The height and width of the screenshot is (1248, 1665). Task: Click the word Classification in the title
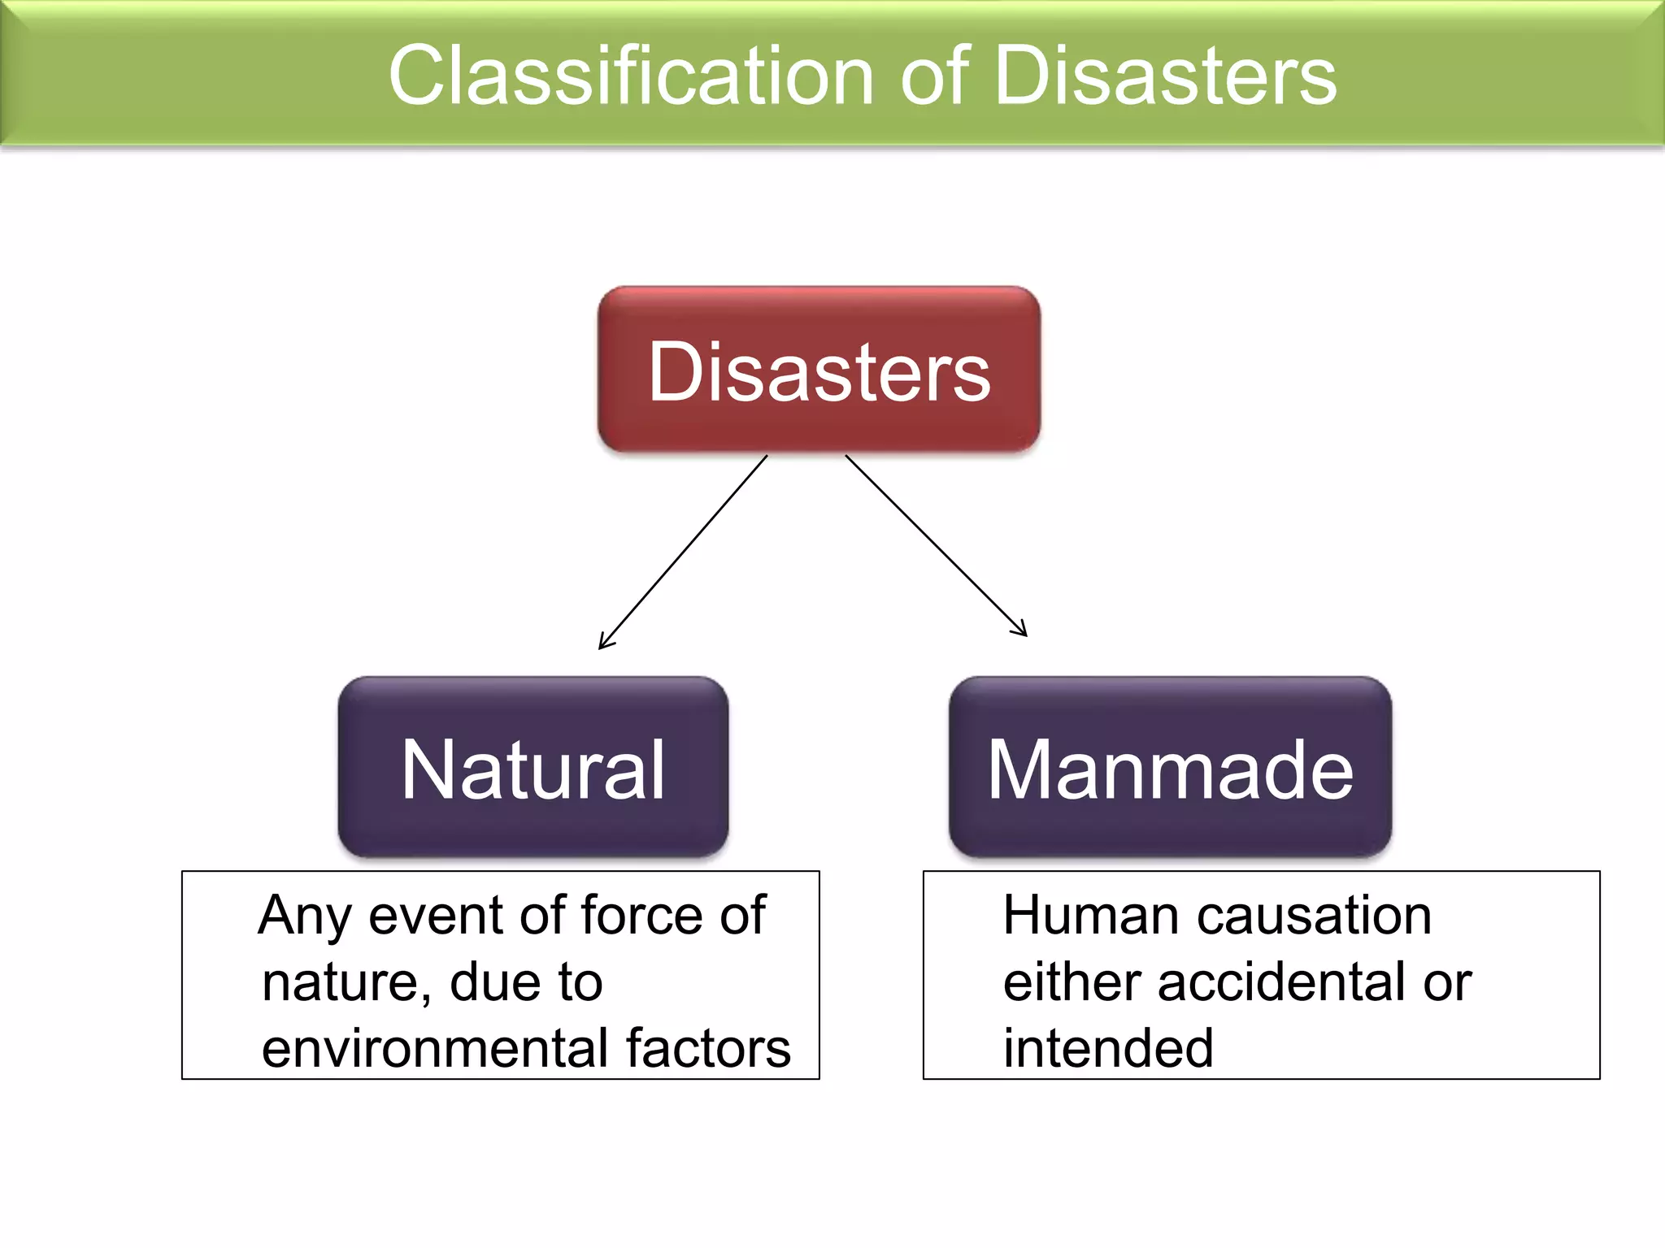coord(630,76)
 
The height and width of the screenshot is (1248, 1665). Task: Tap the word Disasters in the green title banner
coord(1165,76)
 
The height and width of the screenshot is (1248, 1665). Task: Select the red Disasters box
coord(819,370)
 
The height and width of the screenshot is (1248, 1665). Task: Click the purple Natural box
coord(533,768)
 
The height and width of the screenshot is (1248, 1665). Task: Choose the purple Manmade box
coord(1170,768)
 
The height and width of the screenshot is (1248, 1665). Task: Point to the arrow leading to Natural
coord(683,552)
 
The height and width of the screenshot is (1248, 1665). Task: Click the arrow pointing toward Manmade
coord(935,544)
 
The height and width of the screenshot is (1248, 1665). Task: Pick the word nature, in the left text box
coord(347,983)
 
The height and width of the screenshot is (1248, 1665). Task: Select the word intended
coord(1108,1048)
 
